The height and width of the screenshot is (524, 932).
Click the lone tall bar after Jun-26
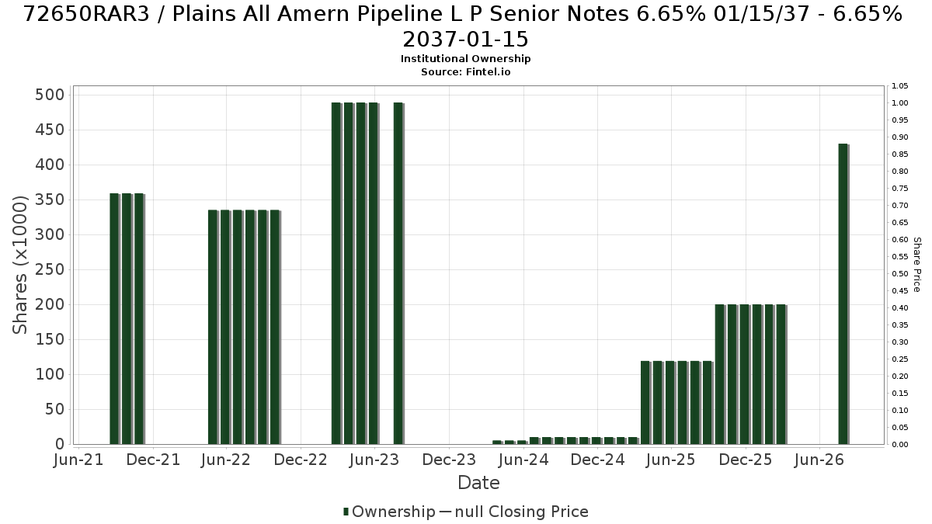coord(843,294)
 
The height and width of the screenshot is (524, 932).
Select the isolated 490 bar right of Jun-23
coord(398,273)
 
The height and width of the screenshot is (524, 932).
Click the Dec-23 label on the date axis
coord(449,460)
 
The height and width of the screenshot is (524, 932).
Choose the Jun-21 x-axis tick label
coord(78,460)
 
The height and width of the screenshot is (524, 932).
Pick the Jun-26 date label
coord(819,460)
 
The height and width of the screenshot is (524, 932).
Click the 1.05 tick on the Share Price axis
coord(899,86)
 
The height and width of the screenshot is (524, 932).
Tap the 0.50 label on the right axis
coord(899,273)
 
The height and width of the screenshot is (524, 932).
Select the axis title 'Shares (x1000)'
coord(19,265)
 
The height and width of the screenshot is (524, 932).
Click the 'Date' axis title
coord(478,483)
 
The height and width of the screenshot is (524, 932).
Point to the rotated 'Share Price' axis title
coord(917,265)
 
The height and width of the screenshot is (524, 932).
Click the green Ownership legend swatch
coord(346,512)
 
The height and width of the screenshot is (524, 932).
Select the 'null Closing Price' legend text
coord(522,512)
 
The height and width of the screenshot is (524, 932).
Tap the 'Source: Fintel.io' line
coord(465,72)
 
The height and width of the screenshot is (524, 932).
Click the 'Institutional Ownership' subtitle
coord(465,59)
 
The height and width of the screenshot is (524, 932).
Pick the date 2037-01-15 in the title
coord(465,40)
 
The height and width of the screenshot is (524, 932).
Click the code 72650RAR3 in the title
coord(86,14)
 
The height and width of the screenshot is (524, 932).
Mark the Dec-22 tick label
coord(301,460)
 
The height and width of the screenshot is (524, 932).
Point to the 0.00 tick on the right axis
coord(899,445)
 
